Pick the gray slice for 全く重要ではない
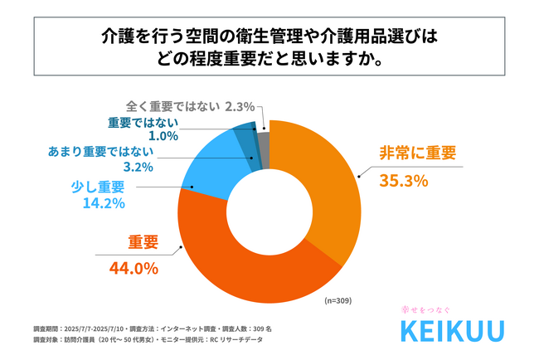pos(263,136)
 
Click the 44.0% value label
pos(134,267)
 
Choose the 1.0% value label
pos(153,136)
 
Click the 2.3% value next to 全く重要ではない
pos(240,106)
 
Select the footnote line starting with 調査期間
pos(153,328)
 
